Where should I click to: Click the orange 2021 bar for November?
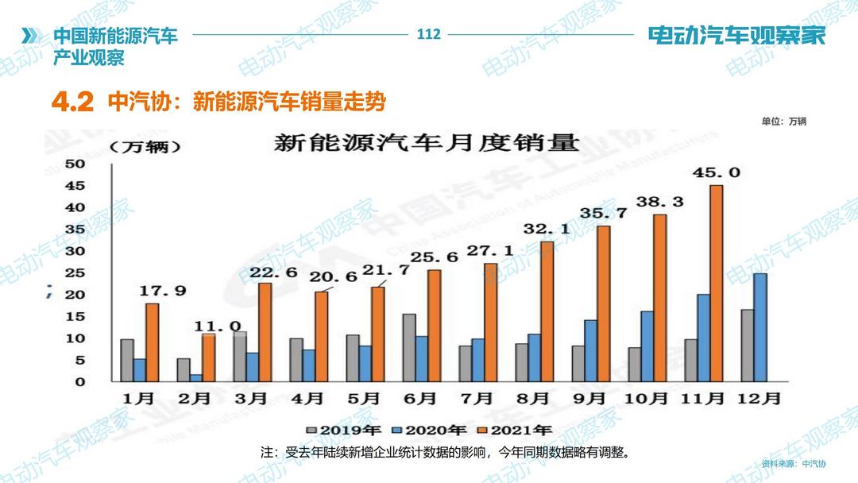tap(717, 284)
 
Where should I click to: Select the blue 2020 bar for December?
tap(760, 327)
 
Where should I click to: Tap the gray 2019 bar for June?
tap(408, 348)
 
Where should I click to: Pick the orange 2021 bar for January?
tap(152, 343)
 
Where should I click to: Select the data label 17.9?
tap(164, 291)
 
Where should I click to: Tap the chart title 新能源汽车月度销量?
tap(427, 145)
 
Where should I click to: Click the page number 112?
tap(428, 34)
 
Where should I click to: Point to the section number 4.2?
tap(73, 102)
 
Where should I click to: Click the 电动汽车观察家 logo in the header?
tap(736, 36)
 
